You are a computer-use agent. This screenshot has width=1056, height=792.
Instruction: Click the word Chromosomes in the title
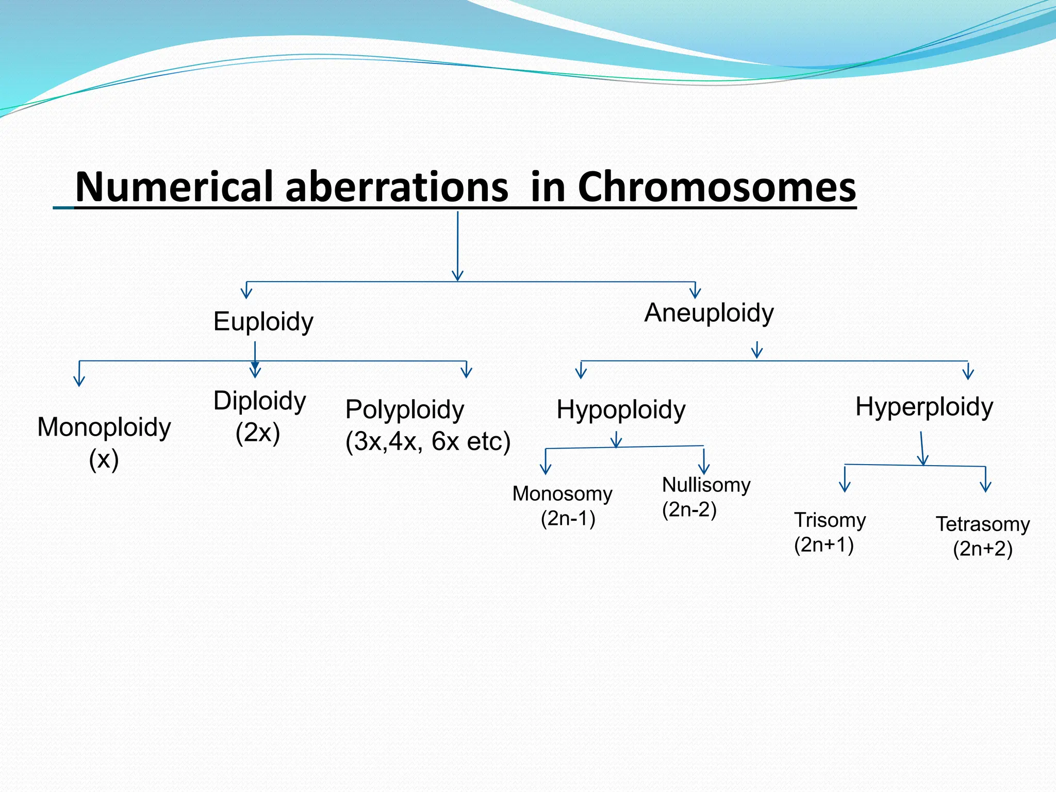pos(717,187)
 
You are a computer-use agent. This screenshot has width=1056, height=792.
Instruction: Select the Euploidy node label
pos(263,322)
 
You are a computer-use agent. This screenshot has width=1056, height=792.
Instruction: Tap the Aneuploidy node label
pos(709,312)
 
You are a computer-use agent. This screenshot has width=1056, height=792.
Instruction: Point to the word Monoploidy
pos(104,427)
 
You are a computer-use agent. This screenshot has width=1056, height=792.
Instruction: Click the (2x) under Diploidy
pos(257,433)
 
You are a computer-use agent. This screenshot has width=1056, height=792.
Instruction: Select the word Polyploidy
pos(405,410)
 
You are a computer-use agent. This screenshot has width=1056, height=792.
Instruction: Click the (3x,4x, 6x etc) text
pos(428,441)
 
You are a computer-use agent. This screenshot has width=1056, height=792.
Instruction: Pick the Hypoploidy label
pos(621,410)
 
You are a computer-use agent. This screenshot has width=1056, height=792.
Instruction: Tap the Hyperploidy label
pos(924,407)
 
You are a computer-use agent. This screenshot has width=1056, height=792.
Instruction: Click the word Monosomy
pos(562,494)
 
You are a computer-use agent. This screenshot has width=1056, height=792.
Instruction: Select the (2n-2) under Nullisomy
pos(689,510)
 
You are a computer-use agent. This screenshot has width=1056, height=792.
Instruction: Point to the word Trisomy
pos(830,520)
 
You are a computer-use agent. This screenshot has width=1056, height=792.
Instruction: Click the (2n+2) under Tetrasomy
pos(983,549)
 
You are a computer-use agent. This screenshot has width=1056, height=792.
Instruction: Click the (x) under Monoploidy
pos(104,459)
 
